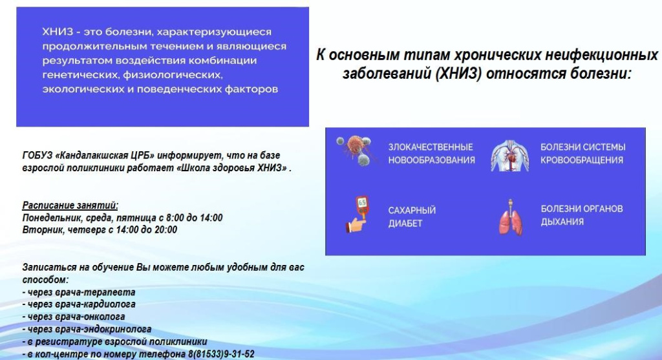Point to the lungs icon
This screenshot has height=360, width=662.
coord(509,217)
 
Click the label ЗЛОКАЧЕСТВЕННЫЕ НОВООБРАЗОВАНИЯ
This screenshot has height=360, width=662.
coord(431,153)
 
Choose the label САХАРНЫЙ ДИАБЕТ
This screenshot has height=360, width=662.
coord(412,217)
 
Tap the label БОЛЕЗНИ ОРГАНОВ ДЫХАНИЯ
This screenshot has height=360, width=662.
coord(582,215)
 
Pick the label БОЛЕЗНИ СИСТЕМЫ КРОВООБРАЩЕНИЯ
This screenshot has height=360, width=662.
coord(583,153)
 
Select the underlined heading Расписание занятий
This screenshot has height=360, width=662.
coord(70,205)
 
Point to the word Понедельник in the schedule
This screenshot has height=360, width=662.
coord(49,218)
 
